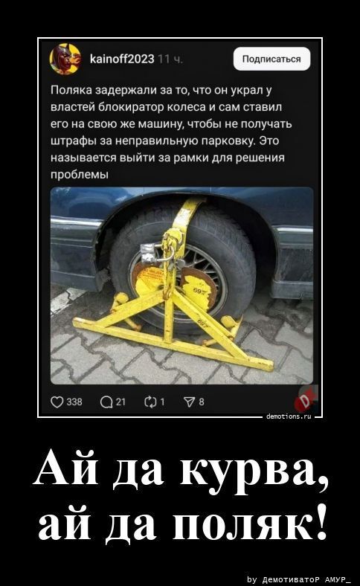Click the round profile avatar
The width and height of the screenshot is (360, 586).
pos(65,59)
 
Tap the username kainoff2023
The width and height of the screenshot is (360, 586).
pos(122,59)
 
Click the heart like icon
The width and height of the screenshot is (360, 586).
pos(57,402)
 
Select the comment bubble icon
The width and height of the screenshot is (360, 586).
pos(106,402)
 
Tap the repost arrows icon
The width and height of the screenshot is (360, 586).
pos(150,402)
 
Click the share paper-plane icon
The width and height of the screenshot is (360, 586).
pos(190,402)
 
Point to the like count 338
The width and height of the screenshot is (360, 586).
pos(74,402)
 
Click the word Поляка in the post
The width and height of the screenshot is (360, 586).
pos(71,91)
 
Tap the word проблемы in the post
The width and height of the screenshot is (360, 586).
pos(80,175)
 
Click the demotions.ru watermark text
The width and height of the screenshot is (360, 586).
pos(289,416)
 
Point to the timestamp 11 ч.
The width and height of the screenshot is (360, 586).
pos(170,59)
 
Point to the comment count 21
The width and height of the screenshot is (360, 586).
pos(120,402)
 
